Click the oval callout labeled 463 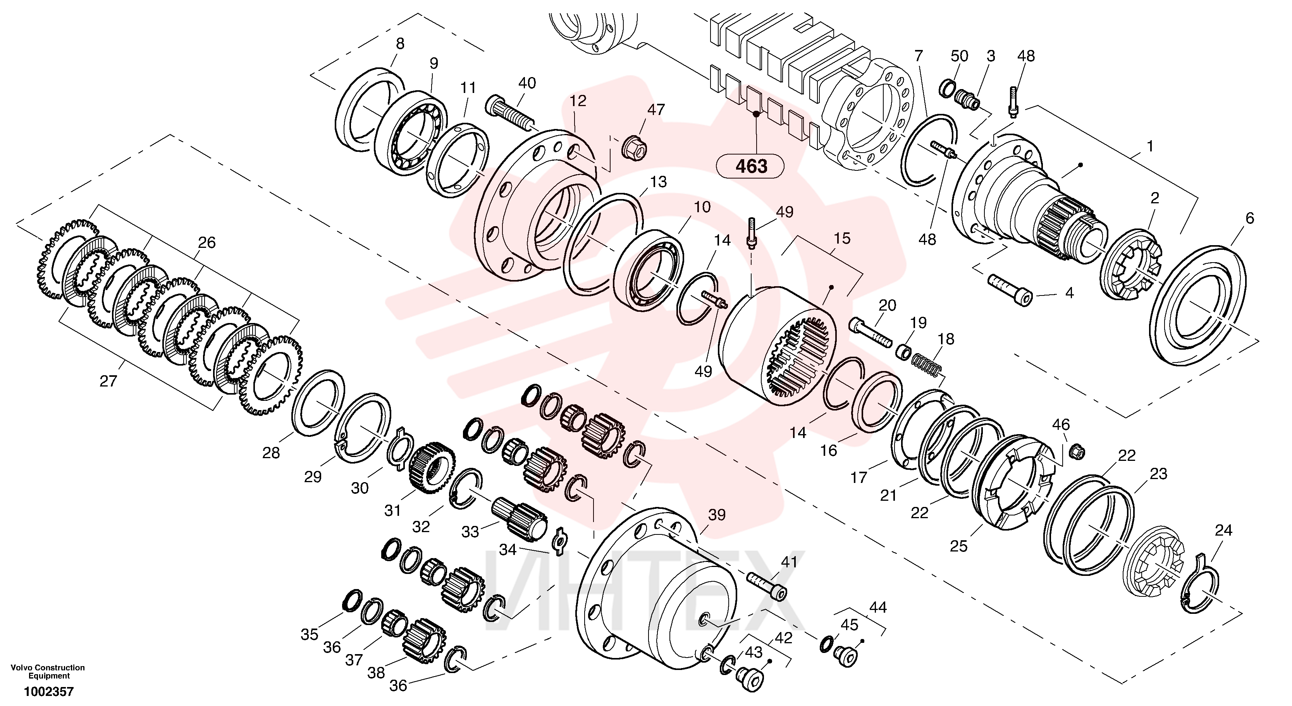coord(751,166)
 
